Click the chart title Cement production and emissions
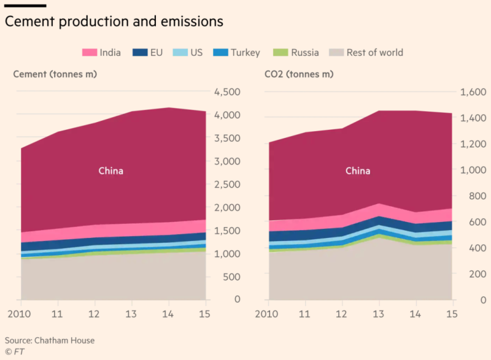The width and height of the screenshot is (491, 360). point(114,21)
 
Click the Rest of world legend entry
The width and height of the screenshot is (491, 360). point(366,53)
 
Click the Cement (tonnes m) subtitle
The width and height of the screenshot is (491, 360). point(55,74)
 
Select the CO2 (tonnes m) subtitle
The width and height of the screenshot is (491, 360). point(299,74)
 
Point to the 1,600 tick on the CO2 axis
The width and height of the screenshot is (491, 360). point(473,92)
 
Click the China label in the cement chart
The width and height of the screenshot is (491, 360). point(111,171)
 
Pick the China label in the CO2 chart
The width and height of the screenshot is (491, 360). point(358,171)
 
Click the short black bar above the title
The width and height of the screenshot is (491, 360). point(25,6)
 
